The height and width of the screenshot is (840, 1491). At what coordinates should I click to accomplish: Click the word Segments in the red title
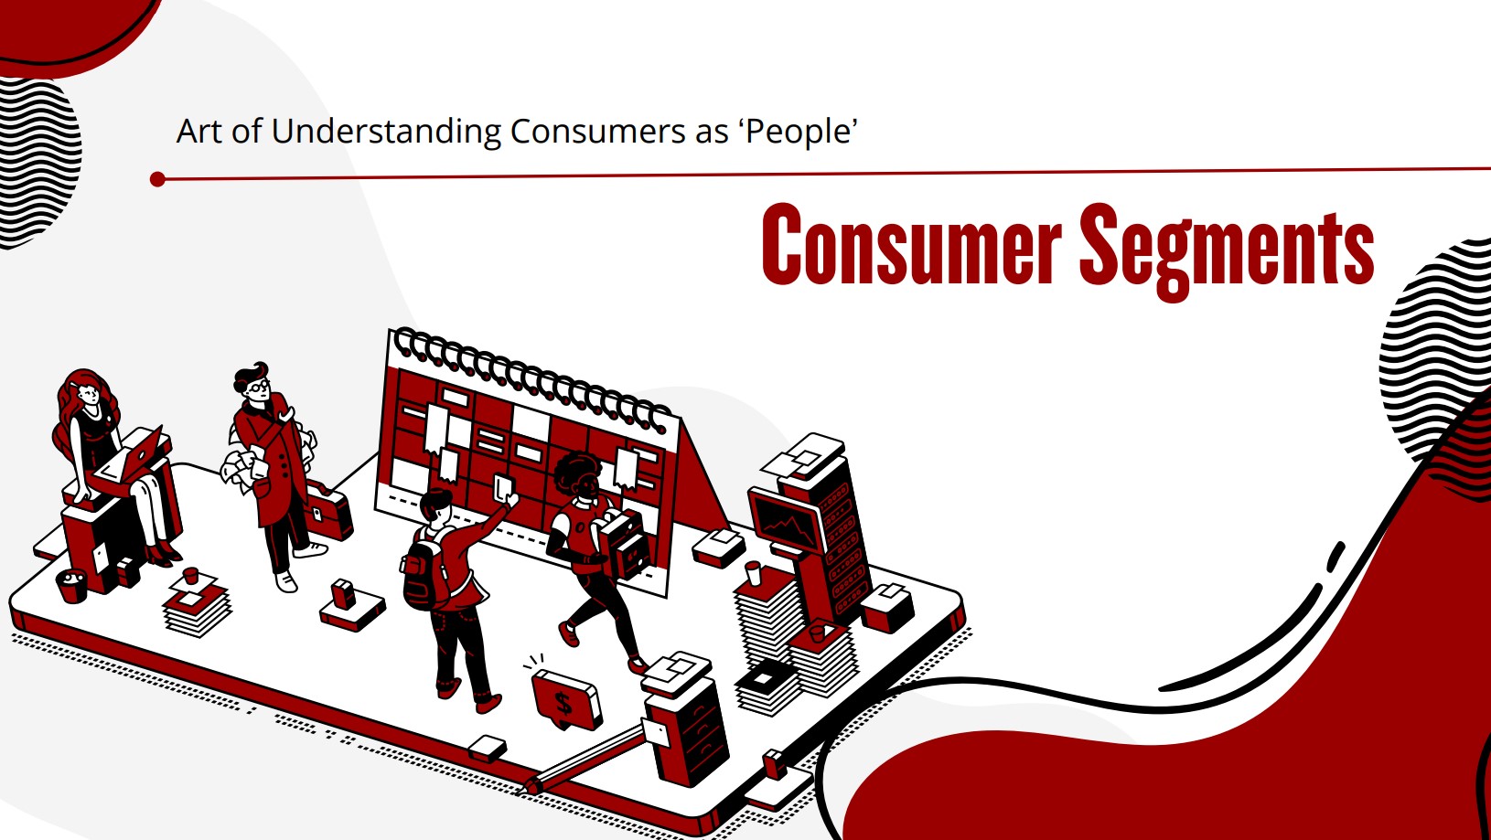pyautogui.click(x=1227, y=250)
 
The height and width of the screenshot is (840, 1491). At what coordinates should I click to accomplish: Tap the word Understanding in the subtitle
pyautogui.click(x=386, y=131)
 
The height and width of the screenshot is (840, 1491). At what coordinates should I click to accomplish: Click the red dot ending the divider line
pyautogui.click(x=157, y=179)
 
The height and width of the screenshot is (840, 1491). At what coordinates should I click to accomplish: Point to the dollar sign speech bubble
pyautogui.click(x=566, y=699)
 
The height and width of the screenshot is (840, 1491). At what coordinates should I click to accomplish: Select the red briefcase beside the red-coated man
pyautogui.click(x=328, y=512)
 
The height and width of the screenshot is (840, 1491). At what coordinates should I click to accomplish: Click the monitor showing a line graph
pyautogui.click(x=787, y=521)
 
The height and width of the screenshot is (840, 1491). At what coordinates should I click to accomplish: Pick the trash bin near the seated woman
pyautogui.click(x=71, y=585)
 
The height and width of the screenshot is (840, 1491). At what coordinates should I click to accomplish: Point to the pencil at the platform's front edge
pyautogui.click(x=585, y=759)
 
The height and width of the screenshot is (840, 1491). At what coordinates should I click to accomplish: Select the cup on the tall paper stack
pyautogui.click(x=753, y=573)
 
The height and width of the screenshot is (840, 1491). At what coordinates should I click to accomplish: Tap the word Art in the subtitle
pyautogui.click(x=199, y=131)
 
